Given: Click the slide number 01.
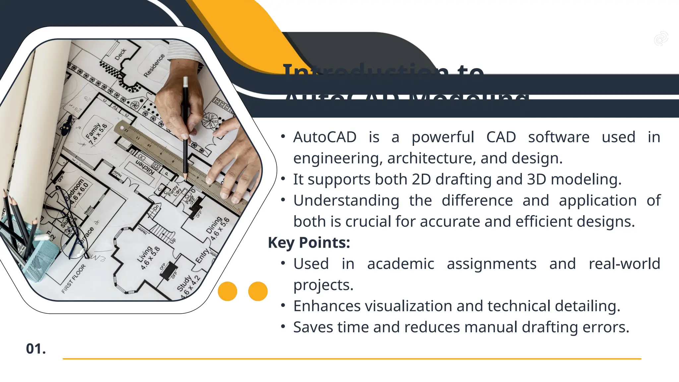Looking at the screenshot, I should tap(36, 349).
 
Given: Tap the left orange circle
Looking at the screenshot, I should tap(227, 291).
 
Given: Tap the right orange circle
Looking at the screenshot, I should tap(258, 291).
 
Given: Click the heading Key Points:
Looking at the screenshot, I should tap(309, 242).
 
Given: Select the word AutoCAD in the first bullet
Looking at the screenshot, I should tap(325, 137).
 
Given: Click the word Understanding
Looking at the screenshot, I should tap(346, 201).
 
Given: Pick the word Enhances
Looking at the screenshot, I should tap(327, 306).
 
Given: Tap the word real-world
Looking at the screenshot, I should tap(624, 264).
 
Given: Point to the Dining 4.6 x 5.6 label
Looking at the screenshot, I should tap(217, 228).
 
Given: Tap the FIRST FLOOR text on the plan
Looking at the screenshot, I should tap(74, 279).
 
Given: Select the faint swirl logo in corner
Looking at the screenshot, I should tap(661, 38).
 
